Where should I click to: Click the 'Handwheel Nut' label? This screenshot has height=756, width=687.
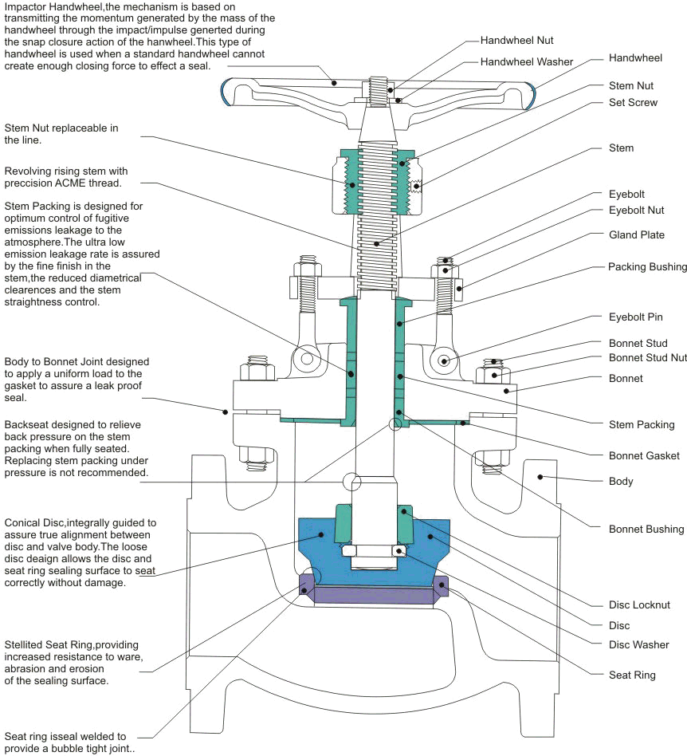pos(516,40)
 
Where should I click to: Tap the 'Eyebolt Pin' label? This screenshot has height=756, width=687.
pos(635,317)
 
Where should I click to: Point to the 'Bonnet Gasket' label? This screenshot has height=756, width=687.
pos(644,455)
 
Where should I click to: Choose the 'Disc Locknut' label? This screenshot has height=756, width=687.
pos(639,605)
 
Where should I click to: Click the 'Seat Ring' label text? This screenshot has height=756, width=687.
pos(632,675)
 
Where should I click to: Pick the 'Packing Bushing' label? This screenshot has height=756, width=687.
pos(647,267)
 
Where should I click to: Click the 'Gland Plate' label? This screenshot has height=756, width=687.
pos(636,235)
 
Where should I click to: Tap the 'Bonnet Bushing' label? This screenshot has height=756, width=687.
pos(646,529)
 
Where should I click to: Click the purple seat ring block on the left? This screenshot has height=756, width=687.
pos(306,586)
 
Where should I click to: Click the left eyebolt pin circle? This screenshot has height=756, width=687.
pos(304,360)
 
